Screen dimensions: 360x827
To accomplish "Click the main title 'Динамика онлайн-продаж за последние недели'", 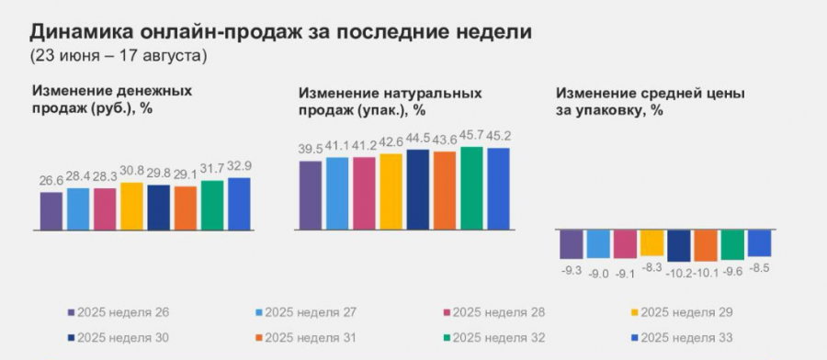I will [280, 32].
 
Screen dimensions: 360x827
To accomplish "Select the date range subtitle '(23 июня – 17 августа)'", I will [119, 56].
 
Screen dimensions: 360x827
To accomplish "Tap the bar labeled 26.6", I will [51, 210].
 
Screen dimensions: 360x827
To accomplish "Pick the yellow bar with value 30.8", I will [131, 206].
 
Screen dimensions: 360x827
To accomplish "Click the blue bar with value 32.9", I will [239, 203].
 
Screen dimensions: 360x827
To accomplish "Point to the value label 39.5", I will [312, 150].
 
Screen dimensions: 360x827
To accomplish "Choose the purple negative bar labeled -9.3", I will [571, 243].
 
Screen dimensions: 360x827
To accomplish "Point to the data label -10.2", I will [678, 272].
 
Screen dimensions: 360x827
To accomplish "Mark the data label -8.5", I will [760, 268].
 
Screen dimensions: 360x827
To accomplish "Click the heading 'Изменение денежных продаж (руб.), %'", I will [113, 99].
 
